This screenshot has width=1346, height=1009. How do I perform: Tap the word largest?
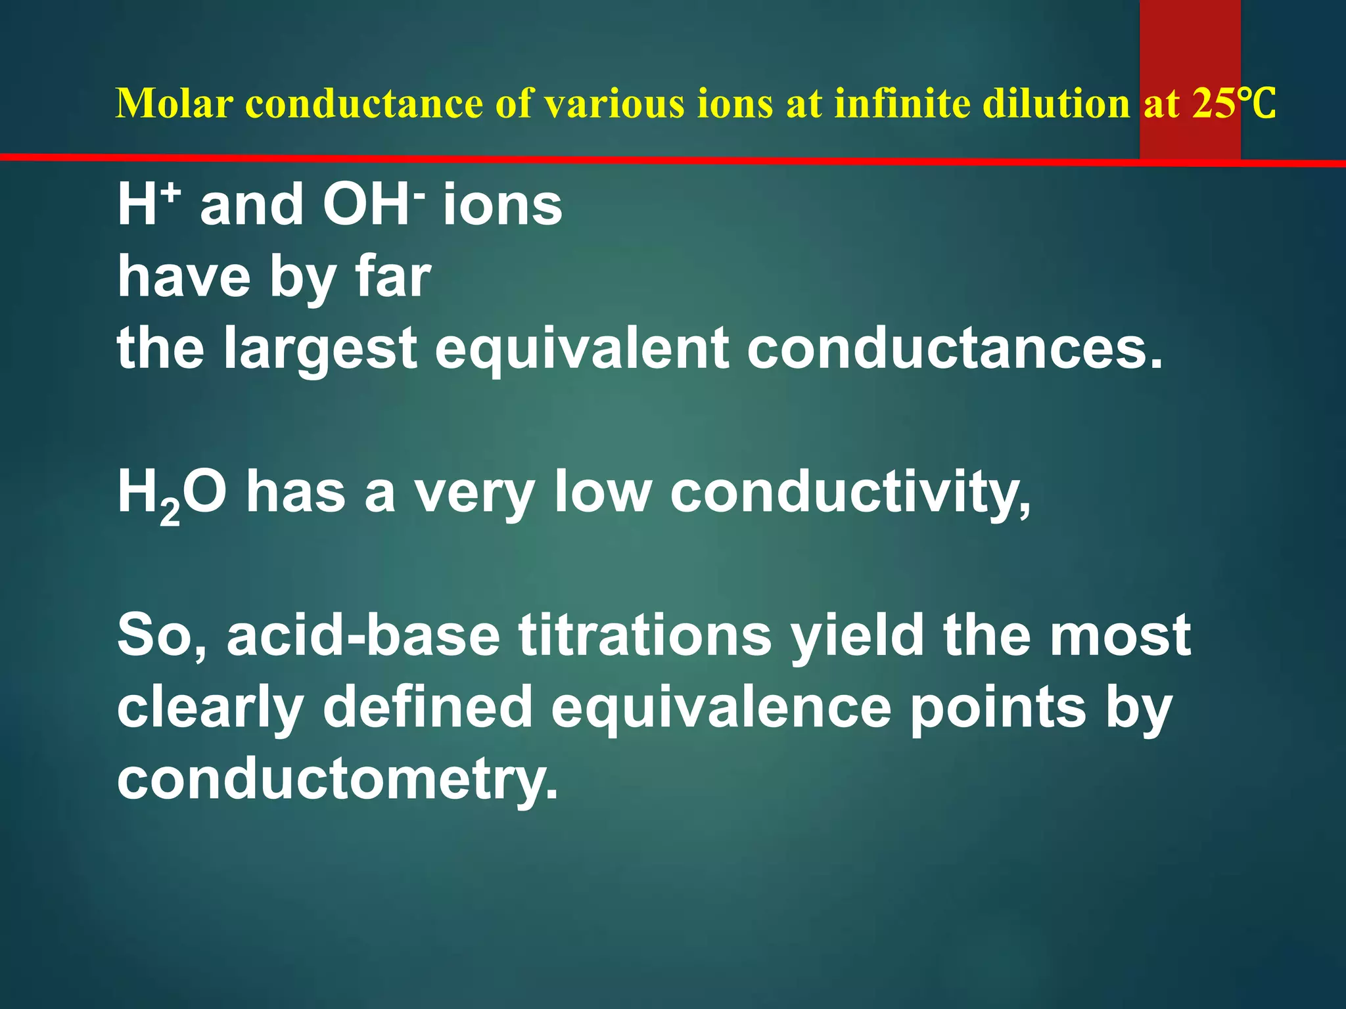(320, 349)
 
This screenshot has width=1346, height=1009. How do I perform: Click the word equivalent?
(582, 349)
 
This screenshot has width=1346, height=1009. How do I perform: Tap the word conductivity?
(850, 494)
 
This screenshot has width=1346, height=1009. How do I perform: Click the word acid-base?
(363, 635)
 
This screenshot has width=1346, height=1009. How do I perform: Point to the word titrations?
(645, 635)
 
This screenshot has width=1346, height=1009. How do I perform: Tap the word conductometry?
(337, 780)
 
